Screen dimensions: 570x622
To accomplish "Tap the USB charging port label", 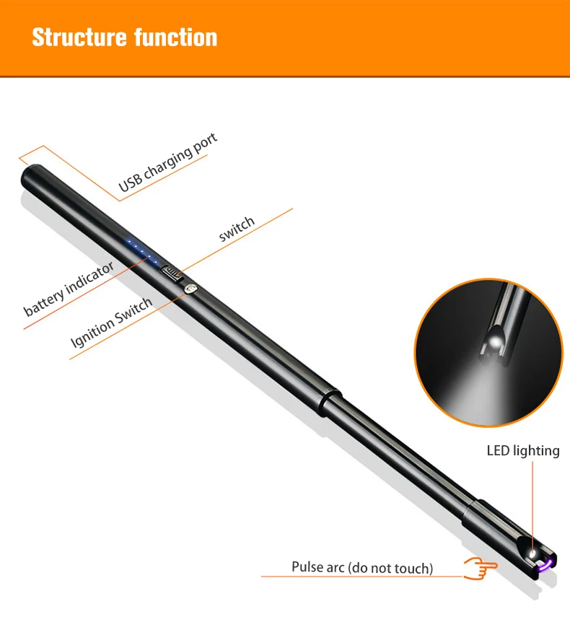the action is (168, 163).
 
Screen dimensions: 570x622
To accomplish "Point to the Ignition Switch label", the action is (112, 322).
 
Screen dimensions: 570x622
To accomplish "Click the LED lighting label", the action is (523, 451).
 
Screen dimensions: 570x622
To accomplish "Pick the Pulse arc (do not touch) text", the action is (362, 568).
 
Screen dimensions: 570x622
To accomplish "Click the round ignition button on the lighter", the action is (190, 289).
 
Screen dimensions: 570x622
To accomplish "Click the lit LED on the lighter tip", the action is (533, 554).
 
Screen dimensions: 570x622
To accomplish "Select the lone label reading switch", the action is (237, 228).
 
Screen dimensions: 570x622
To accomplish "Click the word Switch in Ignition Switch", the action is (134, 310).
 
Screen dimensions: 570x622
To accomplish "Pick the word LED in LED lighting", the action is (498, 451).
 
